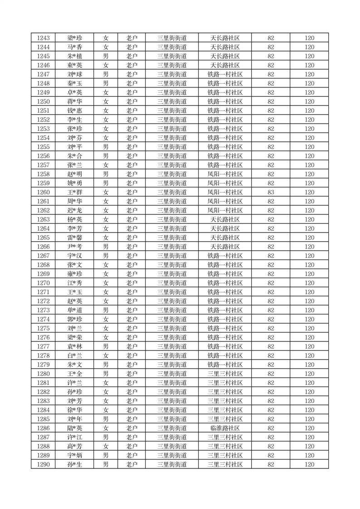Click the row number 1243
[x=43, y=38]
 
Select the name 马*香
[x=74, y=47]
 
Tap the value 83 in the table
[x=271, y=192]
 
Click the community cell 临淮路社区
[x=225, y=428]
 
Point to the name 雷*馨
[x=74, y=238]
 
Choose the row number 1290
[x=43, y=465]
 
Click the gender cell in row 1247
[x=105, y=74]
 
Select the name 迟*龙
[x=74, y=210]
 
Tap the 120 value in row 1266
[x=309, y=247]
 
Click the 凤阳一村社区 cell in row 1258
[x=225, y=174]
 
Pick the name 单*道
[x=74, y=310]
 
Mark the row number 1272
[x=43, y=301]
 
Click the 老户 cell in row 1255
[x=131, y=147]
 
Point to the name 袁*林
[x=74, y=347]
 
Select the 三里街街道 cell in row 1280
[x=172, y=374]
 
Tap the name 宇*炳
[x=74, y=455]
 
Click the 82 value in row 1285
[x=271, y=419]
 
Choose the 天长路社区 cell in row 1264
[x=225, y=229]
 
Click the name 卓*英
[x=74, y=93]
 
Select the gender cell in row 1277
[x=105, y=347]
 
